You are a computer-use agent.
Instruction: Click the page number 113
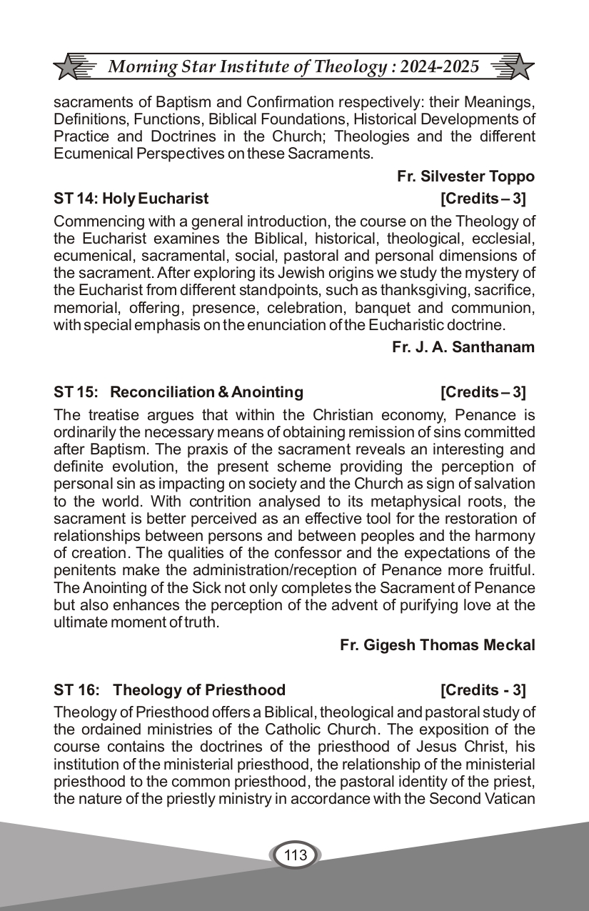pos(295,855)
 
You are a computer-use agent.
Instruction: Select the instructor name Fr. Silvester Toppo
pos(465,176)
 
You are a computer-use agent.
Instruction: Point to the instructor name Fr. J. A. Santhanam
pos(463,347)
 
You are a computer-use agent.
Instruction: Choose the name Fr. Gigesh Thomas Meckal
pos(437,645)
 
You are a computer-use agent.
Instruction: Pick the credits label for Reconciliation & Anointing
pos(483,392)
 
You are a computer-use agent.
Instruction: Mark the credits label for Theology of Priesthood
pos(483,690)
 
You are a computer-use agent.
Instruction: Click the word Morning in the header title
pos(140,67)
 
